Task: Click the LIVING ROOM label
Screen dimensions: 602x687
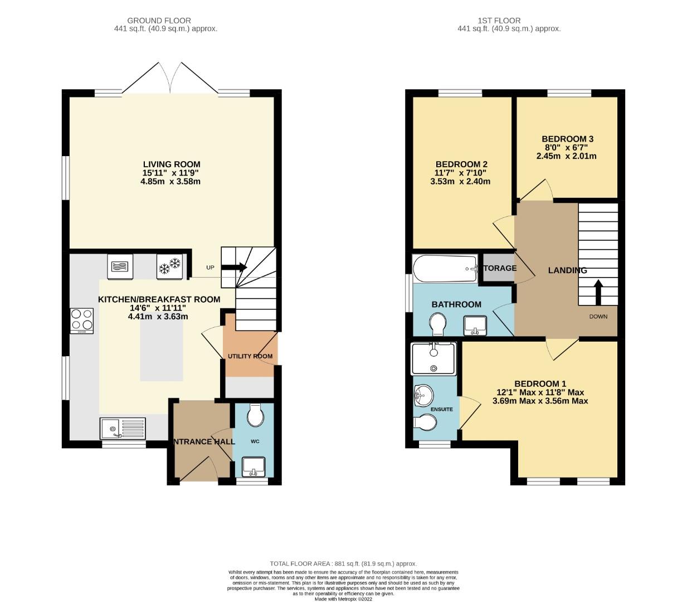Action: point(172,164)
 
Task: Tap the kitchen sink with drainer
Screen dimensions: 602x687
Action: point(122,429)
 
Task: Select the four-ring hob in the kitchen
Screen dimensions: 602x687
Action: point(81,321)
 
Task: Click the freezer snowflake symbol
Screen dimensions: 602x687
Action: point(170,266)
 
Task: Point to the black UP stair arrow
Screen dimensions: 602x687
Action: point(234,268)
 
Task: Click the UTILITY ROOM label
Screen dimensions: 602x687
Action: point(250,356)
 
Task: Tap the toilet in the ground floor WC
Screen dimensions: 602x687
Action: point(255,415)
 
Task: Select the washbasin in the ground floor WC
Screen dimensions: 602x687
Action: point(255,466)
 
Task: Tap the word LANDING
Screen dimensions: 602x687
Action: point(567,270)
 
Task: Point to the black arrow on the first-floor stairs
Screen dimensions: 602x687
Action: point(598,292)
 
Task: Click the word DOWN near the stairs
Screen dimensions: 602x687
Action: point(598,317)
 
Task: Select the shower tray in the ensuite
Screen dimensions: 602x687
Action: point(433,358)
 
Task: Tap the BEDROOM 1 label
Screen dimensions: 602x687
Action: point(540,383)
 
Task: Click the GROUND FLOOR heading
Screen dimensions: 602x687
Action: point(159,21)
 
